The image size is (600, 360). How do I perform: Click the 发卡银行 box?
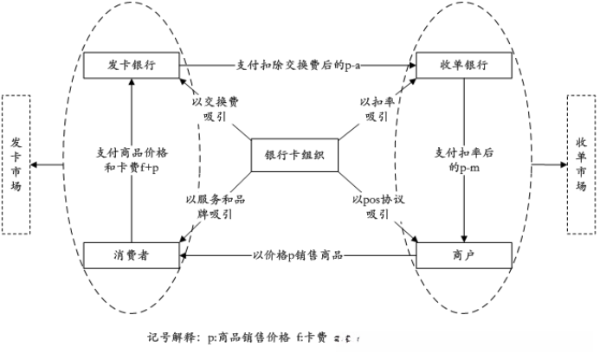click(132, 65)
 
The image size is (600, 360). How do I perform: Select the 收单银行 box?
click(465, 66)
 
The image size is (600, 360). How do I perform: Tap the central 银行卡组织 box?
click(294, 156)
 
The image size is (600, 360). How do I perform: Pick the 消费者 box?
click(132, 255)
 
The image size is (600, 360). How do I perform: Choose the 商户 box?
click(465, 255)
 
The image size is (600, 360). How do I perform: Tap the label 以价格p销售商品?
click(299, 255)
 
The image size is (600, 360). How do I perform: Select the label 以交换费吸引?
click(216, 108)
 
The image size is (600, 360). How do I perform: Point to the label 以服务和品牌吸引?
click(214, 207)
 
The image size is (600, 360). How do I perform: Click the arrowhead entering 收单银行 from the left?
click(410, 65)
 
